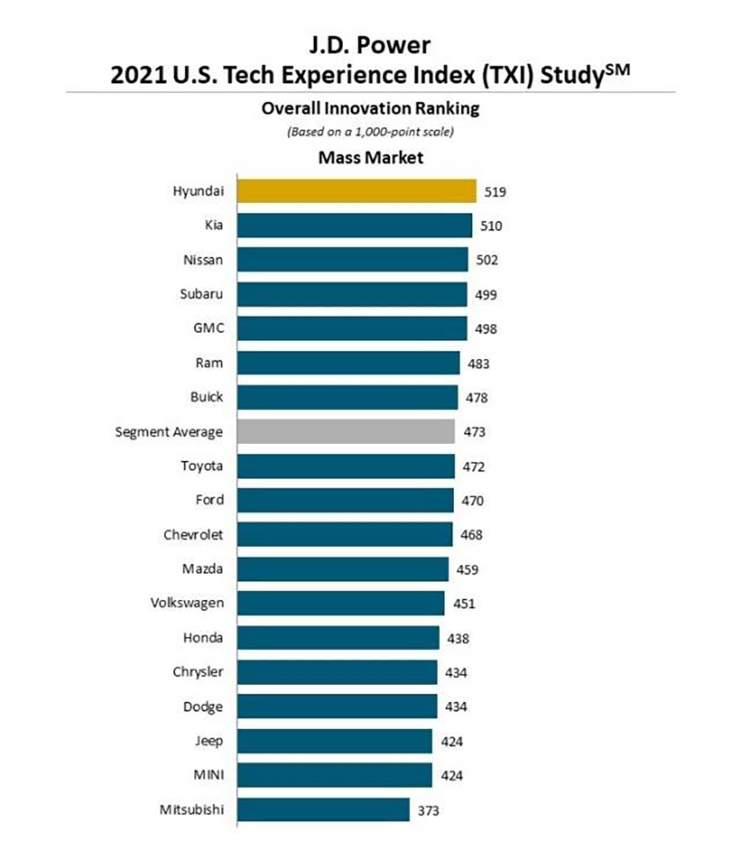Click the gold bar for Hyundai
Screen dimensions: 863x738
[x=356, y=191]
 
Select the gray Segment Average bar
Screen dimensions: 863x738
[x=346, y=431]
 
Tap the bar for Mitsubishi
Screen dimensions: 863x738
[x=323, y=809]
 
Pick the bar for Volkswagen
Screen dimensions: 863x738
[x=341, y=603]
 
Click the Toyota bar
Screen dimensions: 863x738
[x=346, y=466]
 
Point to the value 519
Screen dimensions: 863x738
[x=496, y=191]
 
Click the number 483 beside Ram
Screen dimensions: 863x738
[x=479, y=363]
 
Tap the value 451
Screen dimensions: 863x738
[x=464, y=604]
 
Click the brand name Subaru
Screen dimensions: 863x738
[x=202, y=294]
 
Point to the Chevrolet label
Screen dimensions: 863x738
[x=193, y=535]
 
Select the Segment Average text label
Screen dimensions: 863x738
[x=169, y=431]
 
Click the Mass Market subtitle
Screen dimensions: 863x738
[x=370, y=157]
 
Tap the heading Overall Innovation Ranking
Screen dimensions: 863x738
[x=370, y=108]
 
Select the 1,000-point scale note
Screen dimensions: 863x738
[x=370, y=131]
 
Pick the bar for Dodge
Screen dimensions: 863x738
[x=337, y=707]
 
